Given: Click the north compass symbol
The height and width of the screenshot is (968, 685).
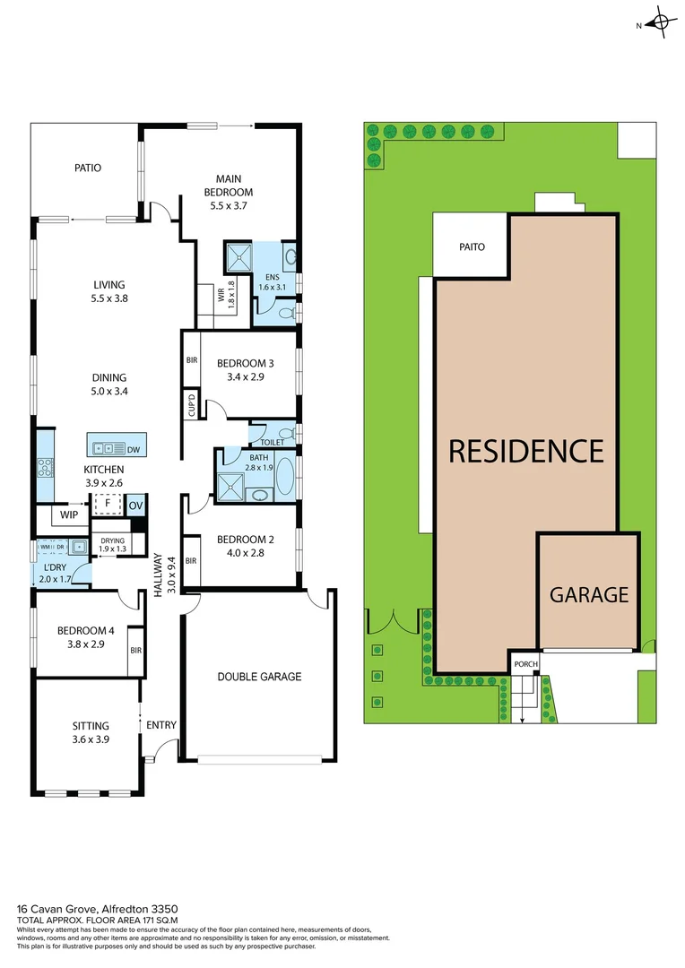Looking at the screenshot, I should tap(661, 23).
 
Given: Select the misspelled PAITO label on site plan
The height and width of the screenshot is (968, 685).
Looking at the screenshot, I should tap(473, 246).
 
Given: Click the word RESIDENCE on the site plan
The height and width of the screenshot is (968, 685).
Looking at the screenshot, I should tap(526, 451).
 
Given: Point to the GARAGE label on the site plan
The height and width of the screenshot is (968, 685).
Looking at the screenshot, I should tap(588, 594).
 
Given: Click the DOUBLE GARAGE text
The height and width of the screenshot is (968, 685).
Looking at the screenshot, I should tap(259, 677).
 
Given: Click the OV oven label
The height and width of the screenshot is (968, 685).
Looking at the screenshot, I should tap(135, 506).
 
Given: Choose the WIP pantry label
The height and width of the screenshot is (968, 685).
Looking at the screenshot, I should tap(68, 515).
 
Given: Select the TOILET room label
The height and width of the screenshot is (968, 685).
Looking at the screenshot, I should tap(272, 443).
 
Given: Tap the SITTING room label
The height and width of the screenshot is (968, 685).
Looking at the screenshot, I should tap(91, 726).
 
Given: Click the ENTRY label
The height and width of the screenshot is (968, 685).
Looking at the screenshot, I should tap(161, 725).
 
